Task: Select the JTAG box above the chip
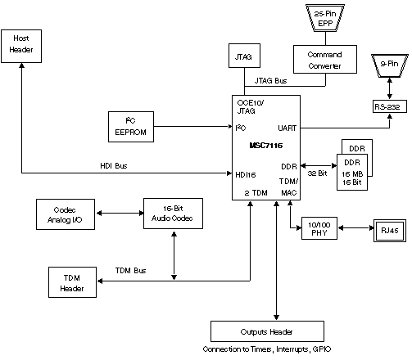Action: pyautogui.click(x=243, y=57)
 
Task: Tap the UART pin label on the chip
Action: pyautogui.click(x=287, y=128)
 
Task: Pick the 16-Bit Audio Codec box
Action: pyautogui.click(x=173, y=213)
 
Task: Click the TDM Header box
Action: pyautogui.click(x=71, y=282)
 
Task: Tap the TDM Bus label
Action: pyautogui.click(x=131, y=270)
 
